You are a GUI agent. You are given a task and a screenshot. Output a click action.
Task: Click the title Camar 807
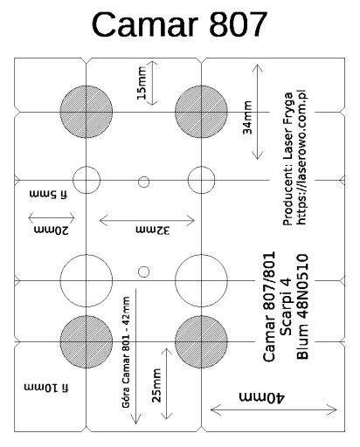[179, 24]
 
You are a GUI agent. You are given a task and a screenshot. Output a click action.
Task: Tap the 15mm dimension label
[142, 83]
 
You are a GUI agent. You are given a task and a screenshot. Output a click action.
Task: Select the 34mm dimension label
[247, 117]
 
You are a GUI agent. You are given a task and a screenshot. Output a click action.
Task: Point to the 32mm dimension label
[153, 230]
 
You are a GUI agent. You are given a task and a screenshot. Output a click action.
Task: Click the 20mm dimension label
[52, 230]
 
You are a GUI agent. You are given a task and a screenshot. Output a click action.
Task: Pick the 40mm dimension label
[261, 397]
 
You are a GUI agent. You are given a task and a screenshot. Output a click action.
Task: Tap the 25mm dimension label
[156, 386]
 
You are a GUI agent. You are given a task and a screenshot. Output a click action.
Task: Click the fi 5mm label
[48, 194]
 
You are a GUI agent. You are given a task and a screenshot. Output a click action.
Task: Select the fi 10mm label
[46, 388]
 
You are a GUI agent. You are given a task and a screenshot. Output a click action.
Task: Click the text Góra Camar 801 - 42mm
[126, 352]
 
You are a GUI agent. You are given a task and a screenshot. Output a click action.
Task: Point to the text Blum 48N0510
[302, 306]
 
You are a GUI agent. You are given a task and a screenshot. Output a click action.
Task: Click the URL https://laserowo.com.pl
[301, 157]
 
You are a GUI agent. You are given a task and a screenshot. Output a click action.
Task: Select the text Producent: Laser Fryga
[287, 159]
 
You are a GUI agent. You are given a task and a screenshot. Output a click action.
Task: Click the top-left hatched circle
[87, 112]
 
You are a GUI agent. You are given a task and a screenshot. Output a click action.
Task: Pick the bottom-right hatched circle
[201, 341]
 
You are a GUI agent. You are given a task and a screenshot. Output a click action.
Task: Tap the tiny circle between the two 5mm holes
[143, 182]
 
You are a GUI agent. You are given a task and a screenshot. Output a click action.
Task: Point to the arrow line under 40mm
[273, 410]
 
